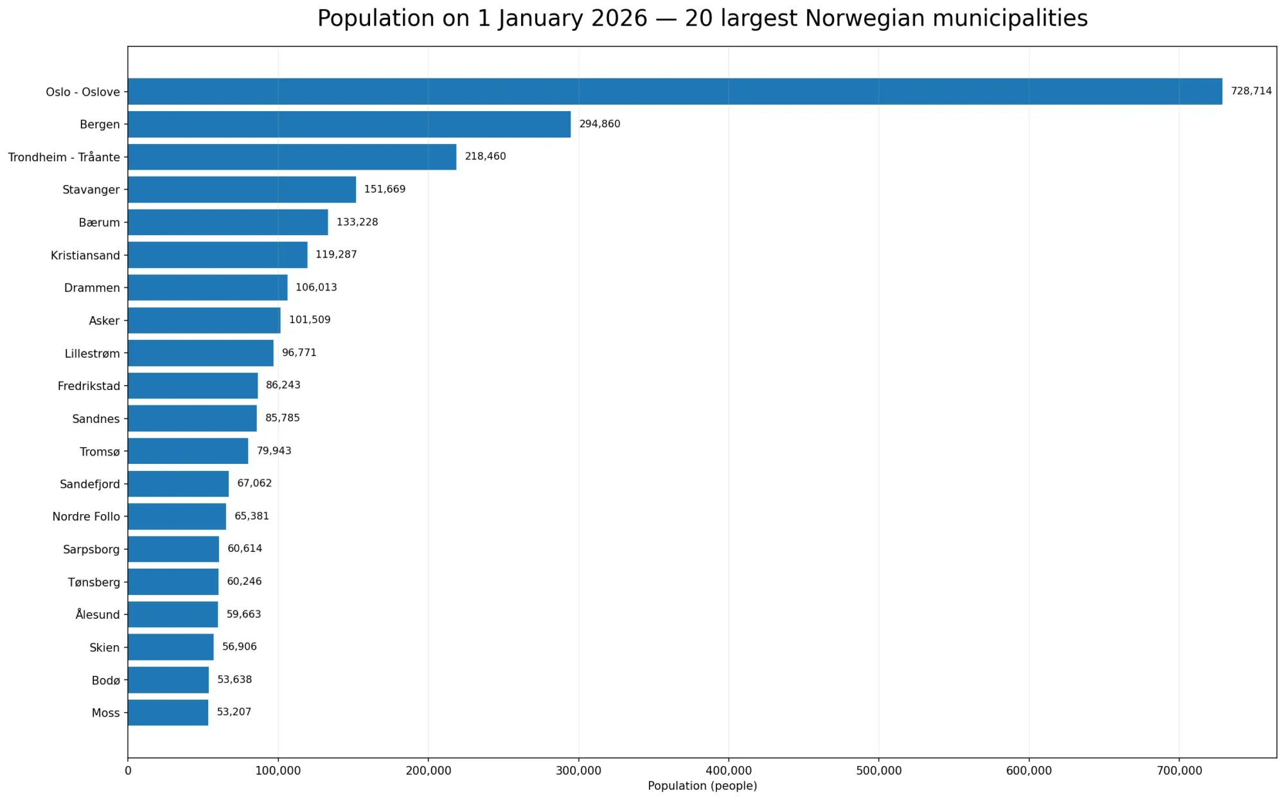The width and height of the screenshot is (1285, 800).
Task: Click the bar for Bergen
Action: point(350,124)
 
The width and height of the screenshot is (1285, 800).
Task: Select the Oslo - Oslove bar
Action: point(675,91)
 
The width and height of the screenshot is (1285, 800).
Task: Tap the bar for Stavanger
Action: point(242,190)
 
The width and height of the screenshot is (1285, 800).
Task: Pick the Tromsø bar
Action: point(188,451)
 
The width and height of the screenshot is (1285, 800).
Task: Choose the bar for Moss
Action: point(168,713)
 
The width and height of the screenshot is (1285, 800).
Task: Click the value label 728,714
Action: point(1251,91)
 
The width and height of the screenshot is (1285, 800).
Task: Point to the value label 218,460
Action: point(485,157)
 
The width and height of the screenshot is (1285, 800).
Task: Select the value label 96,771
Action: point(299,353)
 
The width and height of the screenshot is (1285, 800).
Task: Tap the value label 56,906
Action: point(239,646)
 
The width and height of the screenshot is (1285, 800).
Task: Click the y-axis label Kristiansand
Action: point(85,256)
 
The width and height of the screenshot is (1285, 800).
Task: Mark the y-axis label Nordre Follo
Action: point(86,517)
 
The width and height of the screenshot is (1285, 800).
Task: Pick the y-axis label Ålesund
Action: point(98,614)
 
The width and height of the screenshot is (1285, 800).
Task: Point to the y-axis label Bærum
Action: point(100,223)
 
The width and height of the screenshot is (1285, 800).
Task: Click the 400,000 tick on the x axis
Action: point(729,771)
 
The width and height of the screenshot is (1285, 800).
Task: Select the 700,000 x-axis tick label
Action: point(1179,771)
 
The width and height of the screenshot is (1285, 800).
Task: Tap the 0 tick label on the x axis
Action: point(128,771)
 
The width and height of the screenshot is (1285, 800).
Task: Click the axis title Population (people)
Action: point(702,786)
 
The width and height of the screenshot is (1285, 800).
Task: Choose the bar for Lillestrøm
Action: point(201,353)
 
